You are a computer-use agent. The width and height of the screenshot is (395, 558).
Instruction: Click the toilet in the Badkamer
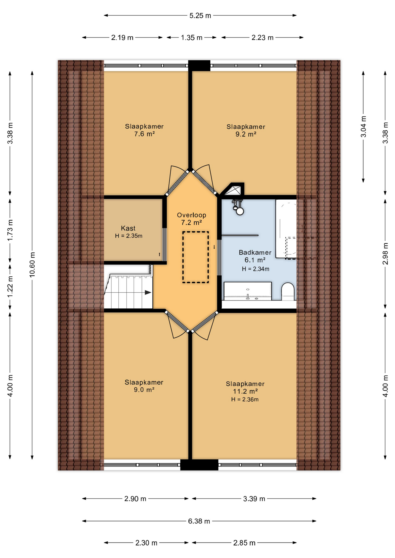click(x=288, y=291)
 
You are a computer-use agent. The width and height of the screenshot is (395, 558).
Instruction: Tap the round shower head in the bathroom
click(x=240, y=211)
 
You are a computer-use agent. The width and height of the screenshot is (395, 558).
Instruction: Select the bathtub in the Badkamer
click(x=286, y=228)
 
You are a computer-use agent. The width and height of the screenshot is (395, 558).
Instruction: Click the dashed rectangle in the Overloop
click(x=196, y=257)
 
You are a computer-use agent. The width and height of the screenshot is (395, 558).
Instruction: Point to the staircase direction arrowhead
click(x=148, y=292)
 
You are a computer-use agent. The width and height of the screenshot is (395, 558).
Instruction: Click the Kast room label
click(x=128, y=228)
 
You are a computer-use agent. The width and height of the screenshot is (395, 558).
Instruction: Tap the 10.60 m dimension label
click(x=32, y=264)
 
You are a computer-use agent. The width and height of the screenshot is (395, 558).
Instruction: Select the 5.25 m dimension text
click(x=200, y=16)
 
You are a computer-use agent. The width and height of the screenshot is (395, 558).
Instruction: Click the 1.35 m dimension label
click(x=192, y=37)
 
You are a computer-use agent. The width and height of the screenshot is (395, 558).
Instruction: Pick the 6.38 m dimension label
click(x=199, y=521)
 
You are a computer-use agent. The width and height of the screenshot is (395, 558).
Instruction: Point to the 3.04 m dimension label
click(x=363, y=127)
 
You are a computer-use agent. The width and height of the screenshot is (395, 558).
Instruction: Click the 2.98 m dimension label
click(x=385, y=254)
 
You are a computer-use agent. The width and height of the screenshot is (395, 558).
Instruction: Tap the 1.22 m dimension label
click(x=10, y=287)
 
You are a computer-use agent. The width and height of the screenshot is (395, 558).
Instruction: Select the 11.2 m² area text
click(x=245, y=391)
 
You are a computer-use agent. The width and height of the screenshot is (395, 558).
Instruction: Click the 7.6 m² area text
click(x=144, y=134)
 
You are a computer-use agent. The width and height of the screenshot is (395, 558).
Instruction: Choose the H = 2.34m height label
click(x=256, y=269)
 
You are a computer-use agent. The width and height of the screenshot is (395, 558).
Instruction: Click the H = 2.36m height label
click(x=245, y=400)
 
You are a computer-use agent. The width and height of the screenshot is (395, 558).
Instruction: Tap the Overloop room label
click(x=192, y=215)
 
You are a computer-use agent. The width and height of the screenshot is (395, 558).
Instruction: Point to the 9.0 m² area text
click(x=144, y=390)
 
